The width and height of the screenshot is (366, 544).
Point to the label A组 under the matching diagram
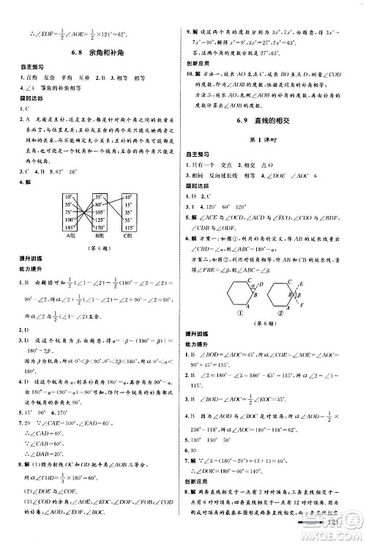coord(70,236)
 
